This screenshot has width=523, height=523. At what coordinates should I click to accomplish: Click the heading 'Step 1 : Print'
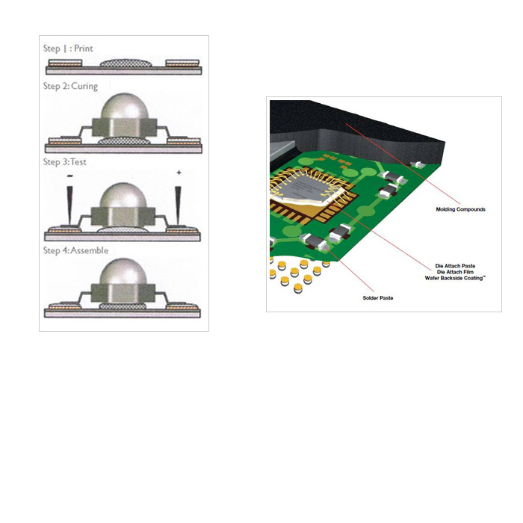[x=68, y=49]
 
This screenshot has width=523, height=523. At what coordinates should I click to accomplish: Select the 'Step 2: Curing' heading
[x=70, y=86]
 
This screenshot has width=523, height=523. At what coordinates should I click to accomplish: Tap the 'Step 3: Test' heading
[x=65, y=162]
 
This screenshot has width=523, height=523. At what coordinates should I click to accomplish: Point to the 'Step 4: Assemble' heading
[x=75, y=250]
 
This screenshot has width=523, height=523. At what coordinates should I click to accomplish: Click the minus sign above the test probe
[x=69, y=176]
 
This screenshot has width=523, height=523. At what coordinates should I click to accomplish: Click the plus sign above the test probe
[x=179, y=173]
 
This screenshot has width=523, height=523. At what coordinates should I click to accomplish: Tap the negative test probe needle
[x=69, y=205]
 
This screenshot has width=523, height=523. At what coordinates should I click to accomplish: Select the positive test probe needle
[x=178, y=205]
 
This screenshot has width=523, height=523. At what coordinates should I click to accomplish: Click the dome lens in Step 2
[x=125, y=106]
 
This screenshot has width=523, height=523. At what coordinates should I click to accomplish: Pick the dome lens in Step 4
[x=123, y=271]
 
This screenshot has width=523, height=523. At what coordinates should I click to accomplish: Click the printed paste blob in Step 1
[x=126, y=63]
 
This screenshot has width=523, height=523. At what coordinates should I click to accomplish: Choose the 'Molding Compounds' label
[x=461, y=209]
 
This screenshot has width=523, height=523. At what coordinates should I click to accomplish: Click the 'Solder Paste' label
[x=378, y=298]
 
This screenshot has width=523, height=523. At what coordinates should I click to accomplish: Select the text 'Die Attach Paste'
[x=455, y=266]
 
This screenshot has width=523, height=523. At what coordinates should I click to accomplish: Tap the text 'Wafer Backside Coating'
[x=454, y=278]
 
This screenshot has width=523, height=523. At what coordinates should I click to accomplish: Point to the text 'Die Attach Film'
[x=455, y=272]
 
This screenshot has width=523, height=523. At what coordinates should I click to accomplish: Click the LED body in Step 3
[x=123, y=216]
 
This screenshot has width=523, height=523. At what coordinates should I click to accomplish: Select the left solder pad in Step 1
[x=65, y=63]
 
